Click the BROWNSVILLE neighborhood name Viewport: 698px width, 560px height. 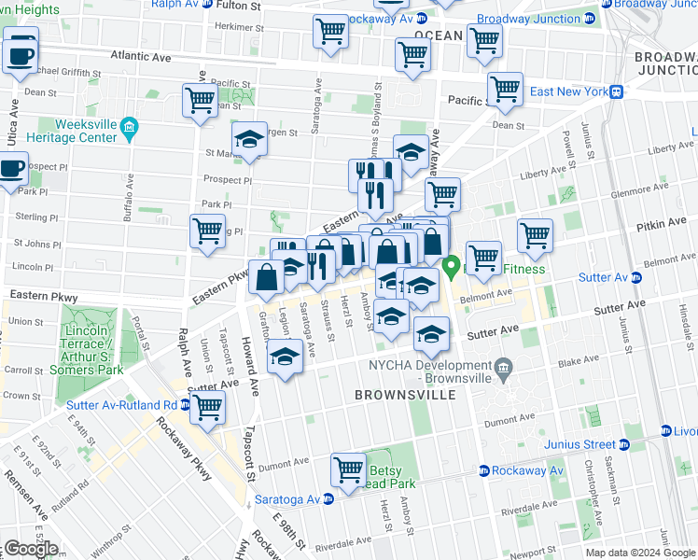[x=405, y=395]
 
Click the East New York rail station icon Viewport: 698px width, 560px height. [x=617, y=91]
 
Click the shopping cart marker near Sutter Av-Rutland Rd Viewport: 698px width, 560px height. [x=207, y=407]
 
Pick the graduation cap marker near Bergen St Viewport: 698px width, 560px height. [x=249, y=140]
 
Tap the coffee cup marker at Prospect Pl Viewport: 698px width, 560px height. [x=12, y=170]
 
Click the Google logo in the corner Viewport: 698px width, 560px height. [x=31, y=549]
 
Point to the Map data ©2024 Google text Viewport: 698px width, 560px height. [x=641, y=553]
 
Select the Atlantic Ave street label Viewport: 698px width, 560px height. [x=141, y=57]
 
